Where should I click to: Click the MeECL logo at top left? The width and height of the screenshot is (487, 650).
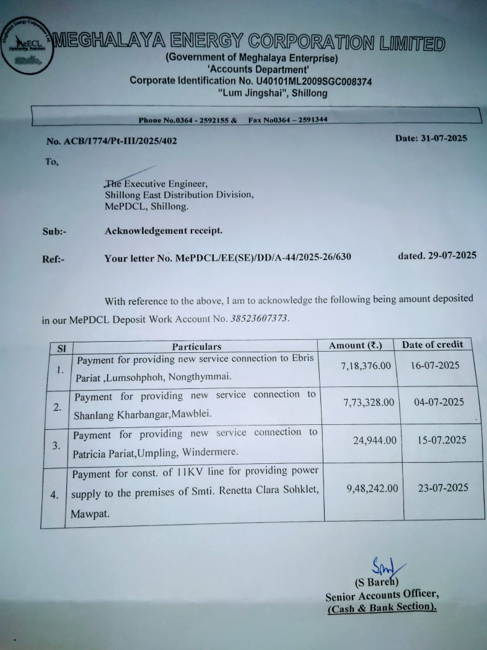point(25,45)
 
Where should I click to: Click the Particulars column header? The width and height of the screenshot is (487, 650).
point(196,347)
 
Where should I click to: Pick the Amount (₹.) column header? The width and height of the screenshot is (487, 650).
point(356,345)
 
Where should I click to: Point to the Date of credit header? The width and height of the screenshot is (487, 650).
point(432,345)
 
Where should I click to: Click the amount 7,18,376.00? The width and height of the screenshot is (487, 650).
point(366,366)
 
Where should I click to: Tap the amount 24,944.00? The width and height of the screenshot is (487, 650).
point(374,441)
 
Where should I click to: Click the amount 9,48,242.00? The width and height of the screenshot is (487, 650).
point(372,489)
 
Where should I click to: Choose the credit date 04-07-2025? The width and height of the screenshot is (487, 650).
point(439,403)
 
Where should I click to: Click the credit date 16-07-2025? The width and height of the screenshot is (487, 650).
point(435,365)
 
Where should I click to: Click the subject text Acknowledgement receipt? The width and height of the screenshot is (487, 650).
point(163,231)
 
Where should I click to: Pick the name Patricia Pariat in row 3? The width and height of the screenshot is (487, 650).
point(103,453)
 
